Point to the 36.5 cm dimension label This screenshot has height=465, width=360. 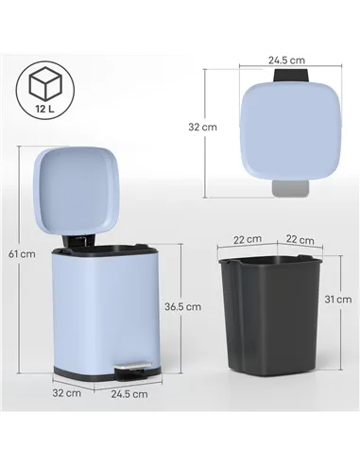190,305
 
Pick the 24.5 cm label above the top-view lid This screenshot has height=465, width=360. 284,60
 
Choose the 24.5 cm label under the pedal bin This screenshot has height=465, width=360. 129,394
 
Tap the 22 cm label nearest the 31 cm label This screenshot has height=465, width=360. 300,240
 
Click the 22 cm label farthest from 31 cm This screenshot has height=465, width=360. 248,240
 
